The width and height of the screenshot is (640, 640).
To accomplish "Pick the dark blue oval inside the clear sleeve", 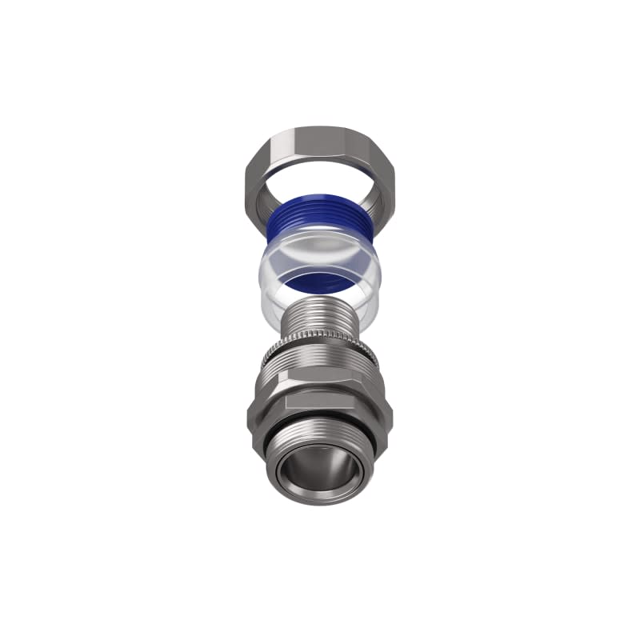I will pos(320,280).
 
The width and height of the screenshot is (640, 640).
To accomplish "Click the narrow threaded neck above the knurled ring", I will pos(320,316).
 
